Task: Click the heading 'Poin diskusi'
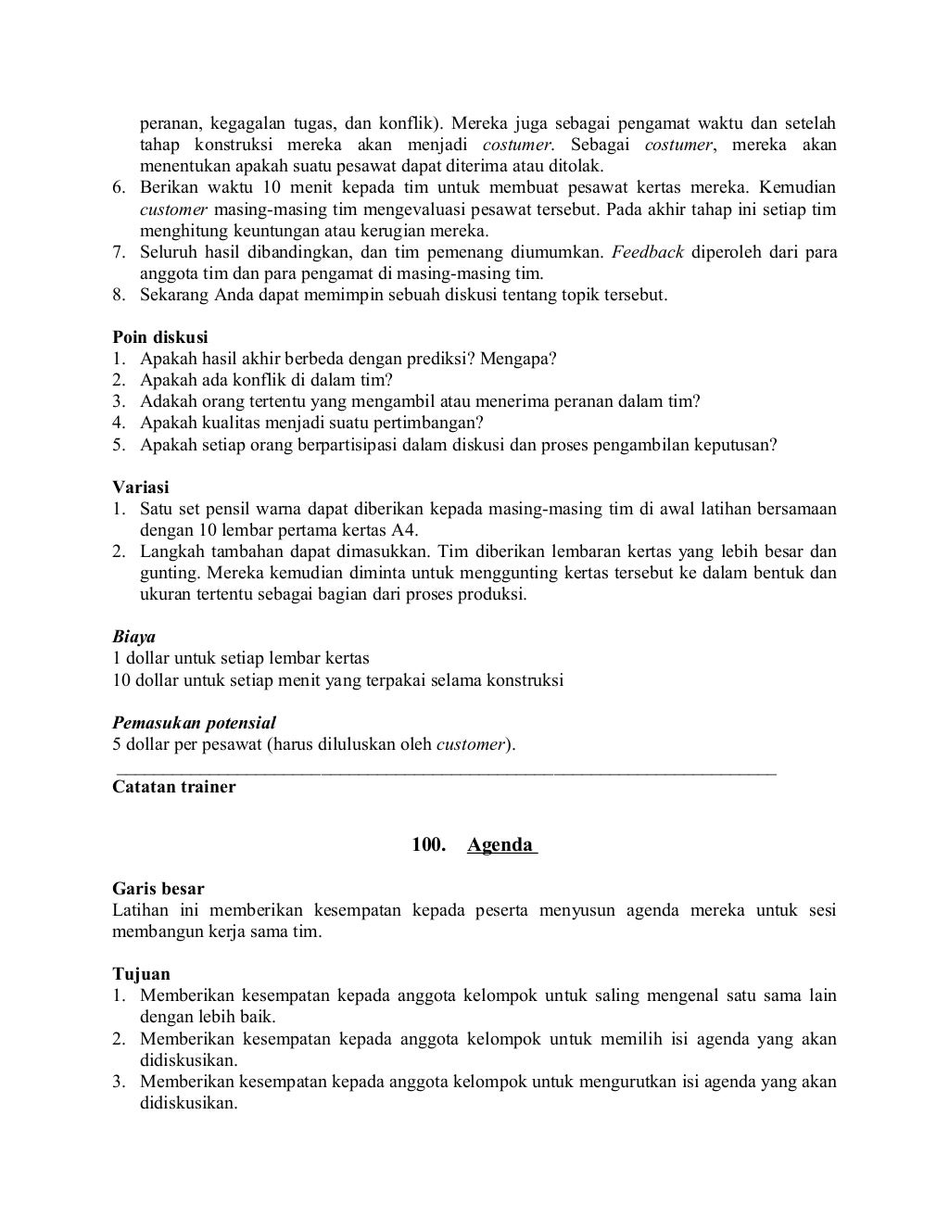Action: [160, 337]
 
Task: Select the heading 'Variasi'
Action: [140, 487]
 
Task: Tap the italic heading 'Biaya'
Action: [133, 637]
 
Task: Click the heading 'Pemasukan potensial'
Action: [194, 722]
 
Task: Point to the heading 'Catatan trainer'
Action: [173, 787]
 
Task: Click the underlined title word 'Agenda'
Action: [501, 844]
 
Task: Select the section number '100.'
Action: [430, 844]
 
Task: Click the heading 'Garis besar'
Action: [158, 889]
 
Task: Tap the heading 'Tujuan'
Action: [141, 974]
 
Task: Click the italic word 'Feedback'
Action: [647, 252]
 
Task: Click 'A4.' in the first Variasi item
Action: [405, 530]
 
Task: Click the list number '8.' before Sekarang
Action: [120, 295]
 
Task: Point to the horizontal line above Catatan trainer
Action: [445, 771]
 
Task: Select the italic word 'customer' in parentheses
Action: [471, 744]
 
